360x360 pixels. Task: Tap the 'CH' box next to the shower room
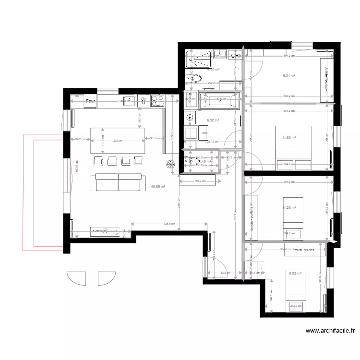pyautogui.click(x=234, y=56)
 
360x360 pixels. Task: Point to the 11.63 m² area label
pyautogui.click(x=288, y=138)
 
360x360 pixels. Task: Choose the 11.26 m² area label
pyautogui.click(x=288, y=208)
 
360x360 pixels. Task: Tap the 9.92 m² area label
pyautogui.click(x=295, y=274)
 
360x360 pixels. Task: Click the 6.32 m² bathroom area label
pyautogui.click(x=213, y=120)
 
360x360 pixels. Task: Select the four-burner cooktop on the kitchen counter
pyautogui.click(x=157, y=101)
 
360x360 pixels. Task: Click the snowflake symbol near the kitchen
pyautogui.click(x=169, y=164)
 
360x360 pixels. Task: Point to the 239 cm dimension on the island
pyautogui.click(x=117, y=140)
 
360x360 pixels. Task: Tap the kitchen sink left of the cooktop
pyautogui.click(x=130, y=101)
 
